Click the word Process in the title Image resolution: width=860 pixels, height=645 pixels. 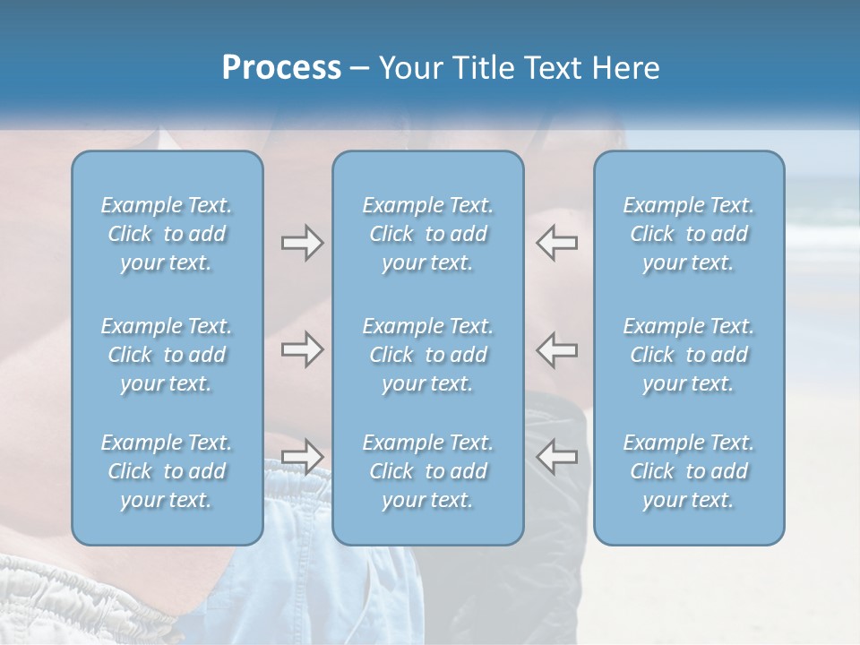(x=281, y=68)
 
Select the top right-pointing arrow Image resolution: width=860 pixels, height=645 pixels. (x=302, y=242)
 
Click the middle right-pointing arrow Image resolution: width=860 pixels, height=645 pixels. (x=302, y=349)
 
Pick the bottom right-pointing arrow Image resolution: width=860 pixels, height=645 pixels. (x=302, y=457)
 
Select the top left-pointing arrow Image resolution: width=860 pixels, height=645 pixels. (x=556, y=242)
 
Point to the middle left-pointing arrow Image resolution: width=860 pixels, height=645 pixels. (x=556, y=349)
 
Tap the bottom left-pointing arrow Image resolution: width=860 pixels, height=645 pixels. (x=556, y=457)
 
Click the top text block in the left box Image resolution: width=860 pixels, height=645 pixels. (x=167, y=234)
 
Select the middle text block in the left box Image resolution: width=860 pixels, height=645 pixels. (x=167, y=355)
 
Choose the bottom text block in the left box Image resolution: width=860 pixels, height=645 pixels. (x=167, y=471)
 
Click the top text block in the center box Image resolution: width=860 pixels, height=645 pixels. (x=428, y=234)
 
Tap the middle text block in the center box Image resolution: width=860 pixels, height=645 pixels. (x=428, y=355)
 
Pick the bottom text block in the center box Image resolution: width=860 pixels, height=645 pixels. (x=428, y=471)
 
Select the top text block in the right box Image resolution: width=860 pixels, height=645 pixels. (x=689, y=234)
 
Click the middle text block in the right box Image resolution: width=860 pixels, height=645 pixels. (x=689, y=355)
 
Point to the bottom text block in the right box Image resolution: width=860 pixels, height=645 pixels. (x=689, y=471)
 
